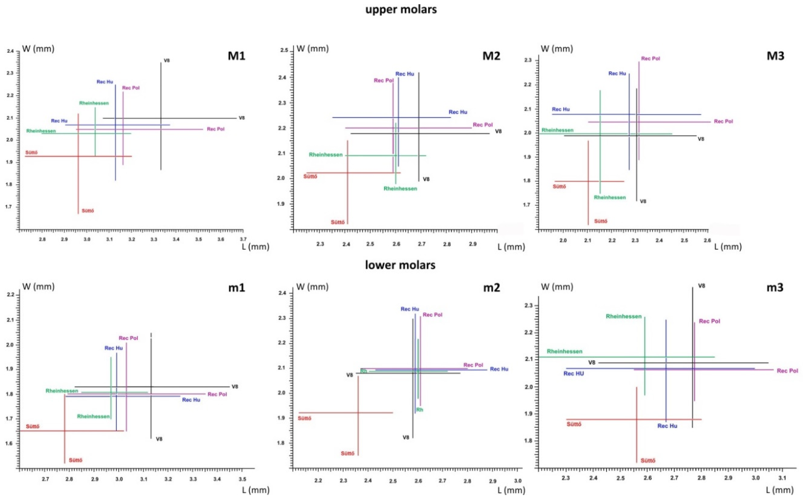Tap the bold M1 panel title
(x=237, y=56)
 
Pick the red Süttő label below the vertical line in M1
(x=88, y=211)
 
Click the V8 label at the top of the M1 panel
(x=167, y=61)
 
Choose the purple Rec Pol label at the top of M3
(x=650, y=59)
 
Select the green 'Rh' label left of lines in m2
(x=364, y=371)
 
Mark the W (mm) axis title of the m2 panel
(x=312, y=287)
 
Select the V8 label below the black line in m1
(x=159, y=439)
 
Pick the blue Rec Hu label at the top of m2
(x=410, y=309)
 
